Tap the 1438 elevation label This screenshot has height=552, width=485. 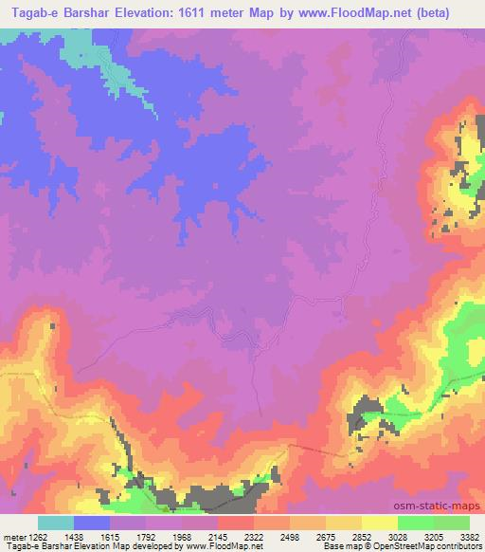pos(74,536)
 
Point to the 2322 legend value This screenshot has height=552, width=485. pos(253,536)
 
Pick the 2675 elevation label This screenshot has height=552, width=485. pos(325,536)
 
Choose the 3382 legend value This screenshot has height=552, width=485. pos(468,536)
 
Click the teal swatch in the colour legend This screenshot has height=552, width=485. pos(56,523)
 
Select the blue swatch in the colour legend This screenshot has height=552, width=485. pos(92,523)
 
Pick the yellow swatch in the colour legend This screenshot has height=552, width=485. pos(379,523)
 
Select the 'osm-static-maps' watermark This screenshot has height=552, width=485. pos(444,506)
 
